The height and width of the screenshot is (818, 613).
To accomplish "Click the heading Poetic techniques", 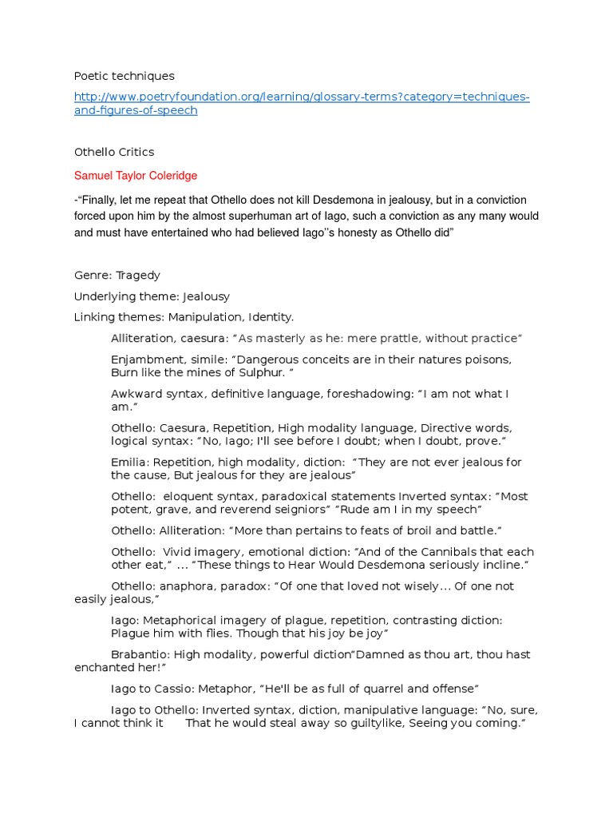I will tap(124, 76).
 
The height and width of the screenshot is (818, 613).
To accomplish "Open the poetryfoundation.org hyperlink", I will tap(302, 97).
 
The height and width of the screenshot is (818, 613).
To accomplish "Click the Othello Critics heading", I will tap(114, 152).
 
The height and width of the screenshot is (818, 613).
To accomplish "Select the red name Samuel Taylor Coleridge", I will tap(136, 176).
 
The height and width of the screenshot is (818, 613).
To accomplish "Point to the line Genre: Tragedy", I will tap(117, 276).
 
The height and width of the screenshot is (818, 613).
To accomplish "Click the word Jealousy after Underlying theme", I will tap(207, 296).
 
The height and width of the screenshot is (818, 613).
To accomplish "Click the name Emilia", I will tap(129, 463).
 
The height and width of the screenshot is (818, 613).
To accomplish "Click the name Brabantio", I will tap(140, 654).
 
